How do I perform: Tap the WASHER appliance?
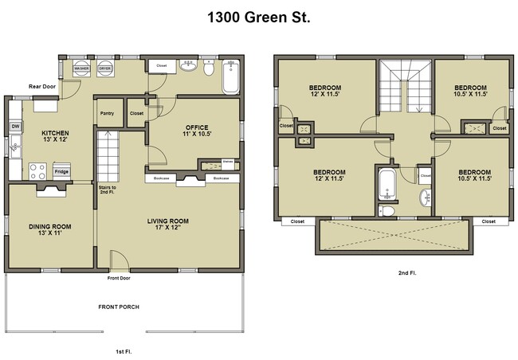[x=81, y=69]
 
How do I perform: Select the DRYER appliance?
[x=104, y=69]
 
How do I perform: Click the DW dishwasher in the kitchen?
[x=15, y=126]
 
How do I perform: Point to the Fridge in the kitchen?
[x=61, y=170]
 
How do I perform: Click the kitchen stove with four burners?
[x=37, y=169]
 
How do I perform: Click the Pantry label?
[x=108, y=113]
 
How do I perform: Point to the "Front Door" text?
[x=119, y=279]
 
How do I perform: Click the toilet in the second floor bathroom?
[x=386, y=210]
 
